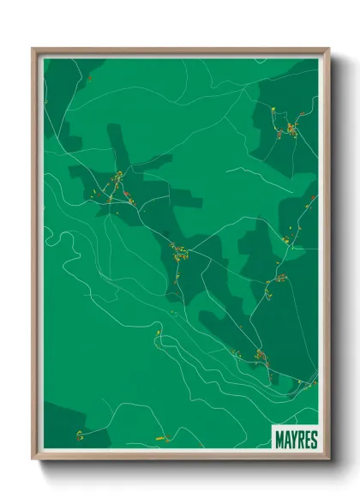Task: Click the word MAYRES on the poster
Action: (x=296, y=440)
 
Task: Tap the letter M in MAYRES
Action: (x=279, y=440)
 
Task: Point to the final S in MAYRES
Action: (x=313, y=440)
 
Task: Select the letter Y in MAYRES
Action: (x=293, y=440)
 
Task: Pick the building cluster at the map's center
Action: (x=179, y=253)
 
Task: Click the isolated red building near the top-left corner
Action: (x=88, y=78)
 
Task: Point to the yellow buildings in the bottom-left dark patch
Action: (x=79, y=435)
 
